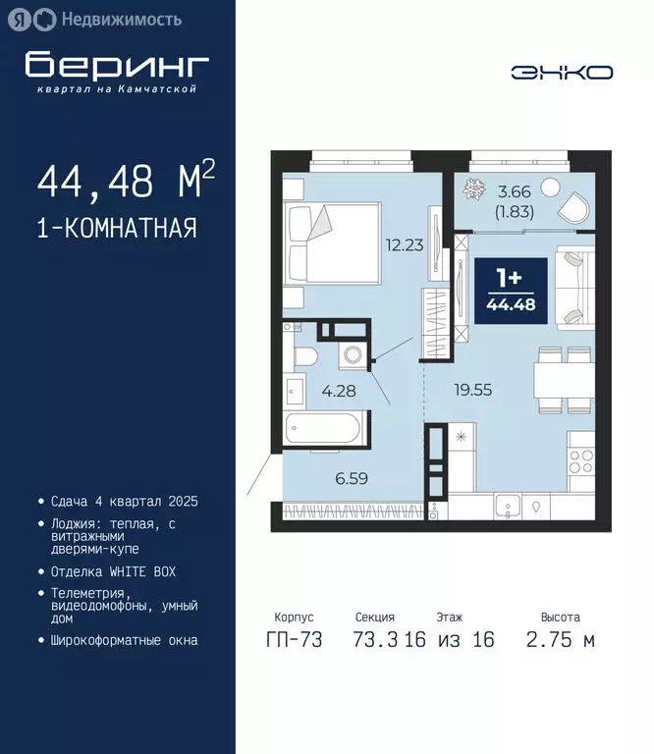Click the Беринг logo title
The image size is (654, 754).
[117, 65]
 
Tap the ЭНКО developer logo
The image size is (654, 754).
[562, 72]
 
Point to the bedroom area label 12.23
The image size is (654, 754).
[405, 245]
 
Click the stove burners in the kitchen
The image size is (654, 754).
[580, 459]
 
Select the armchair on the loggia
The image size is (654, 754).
[572, 207]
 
